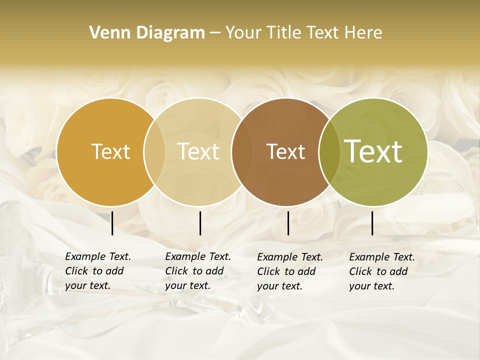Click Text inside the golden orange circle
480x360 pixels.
[110, 151]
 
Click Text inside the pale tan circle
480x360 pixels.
[198, 151]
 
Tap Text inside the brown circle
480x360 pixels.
[285, 151]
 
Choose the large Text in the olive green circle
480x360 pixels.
[373, 151]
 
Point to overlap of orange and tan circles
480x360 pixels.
[154, 152]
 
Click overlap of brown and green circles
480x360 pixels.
[329, 152]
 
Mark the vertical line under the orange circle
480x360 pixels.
[112, 223]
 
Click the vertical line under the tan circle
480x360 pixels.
[200, 223]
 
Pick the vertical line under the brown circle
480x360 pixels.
[288, 223]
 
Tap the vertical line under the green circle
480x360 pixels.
[372, 223]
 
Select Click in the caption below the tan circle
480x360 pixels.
[176, 271]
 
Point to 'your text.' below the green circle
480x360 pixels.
[372, 286]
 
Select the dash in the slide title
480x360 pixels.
[215, 33]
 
